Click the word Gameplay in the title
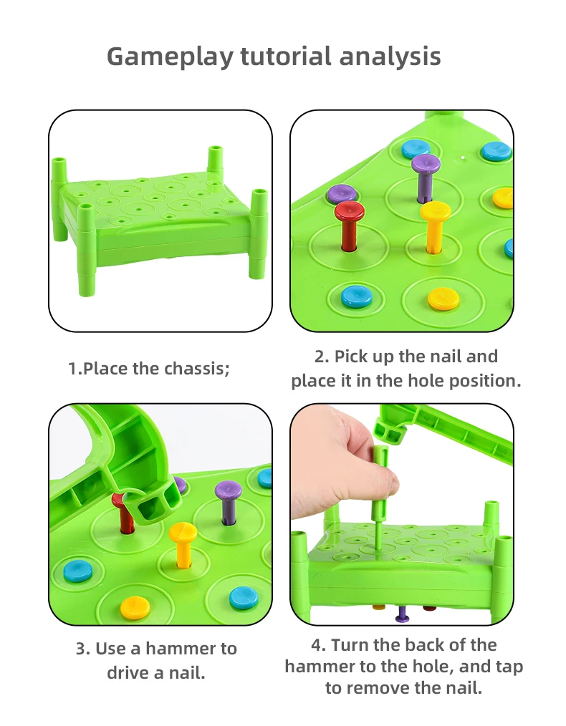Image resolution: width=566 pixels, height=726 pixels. click(x=171, y=57)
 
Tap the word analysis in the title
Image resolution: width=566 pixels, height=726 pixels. click(x=390, y=57)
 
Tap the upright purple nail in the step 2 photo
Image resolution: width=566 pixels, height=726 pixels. click(x=426, y=178)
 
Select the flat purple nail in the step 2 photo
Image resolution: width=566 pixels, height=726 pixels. click(x=342, y=194)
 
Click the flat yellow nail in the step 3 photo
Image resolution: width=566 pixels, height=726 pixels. click(x=135, y=608)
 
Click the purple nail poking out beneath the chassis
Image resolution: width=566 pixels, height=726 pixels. click(x=402, y=614)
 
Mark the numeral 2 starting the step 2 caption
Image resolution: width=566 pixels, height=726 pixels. click(x=320, y=357)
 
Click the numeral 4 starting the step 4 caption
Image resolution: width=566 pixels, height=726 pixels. click(x=317, y=645)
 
